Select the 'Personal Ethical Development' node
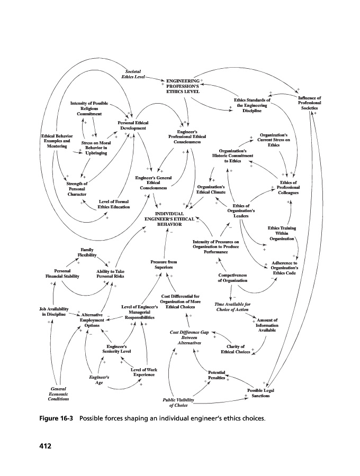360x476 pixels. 133,125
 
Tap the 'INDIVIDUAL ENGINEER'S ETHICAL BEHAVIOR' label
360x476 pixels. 168,219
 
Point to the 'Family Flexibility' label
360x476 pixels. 87,252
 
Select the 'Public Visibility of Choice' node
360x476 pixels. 182,402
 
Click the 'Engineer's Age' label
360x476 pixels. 99,380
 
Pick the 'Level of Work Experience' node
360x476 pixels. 143,372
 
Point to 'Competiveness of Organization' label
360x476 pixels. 233,278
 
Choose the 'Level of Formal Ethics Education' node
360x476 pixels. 114,204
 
